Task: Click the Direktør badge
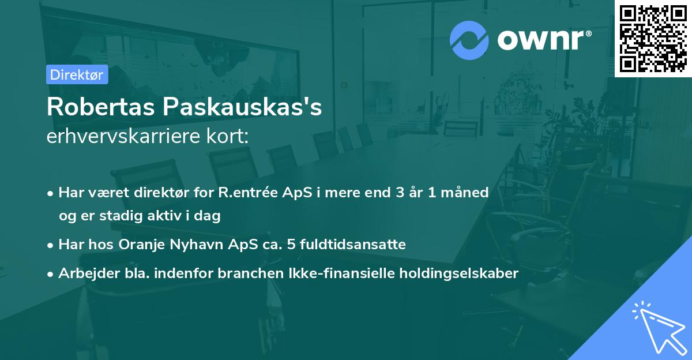coord(77,74)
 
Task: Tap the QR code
coord(653,38)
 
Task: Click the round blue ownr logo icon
coord(469,40)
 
